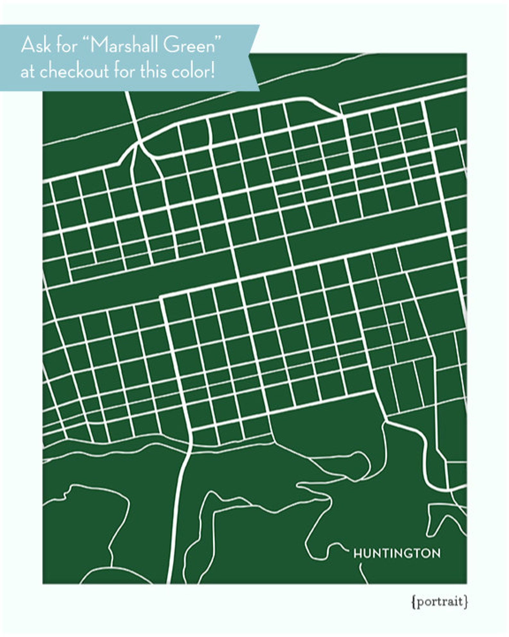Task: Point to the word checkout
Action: [74, 71]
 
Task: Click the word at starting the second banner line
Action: [28, 72]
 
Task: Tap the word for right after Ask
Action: [67, 45]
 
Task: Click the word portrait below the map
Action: [439, 601]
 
